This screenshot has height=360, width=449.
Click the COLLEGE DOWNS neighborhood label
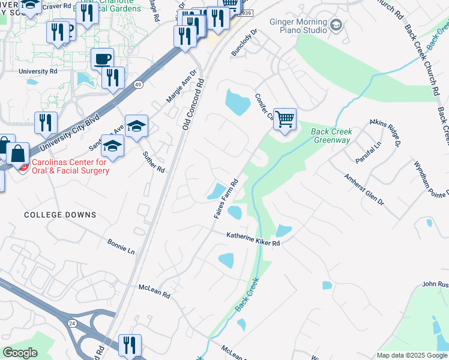60,215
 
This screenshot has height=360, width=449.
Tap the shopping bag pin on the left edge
18,155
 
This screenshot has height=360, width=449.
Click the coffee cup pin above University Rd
102,59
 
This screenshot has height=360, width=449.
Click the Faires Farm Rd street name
226,198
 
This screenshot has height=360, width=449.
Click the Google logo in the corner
20,353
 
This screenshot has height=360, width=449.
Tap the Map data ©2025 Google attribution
412,355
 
